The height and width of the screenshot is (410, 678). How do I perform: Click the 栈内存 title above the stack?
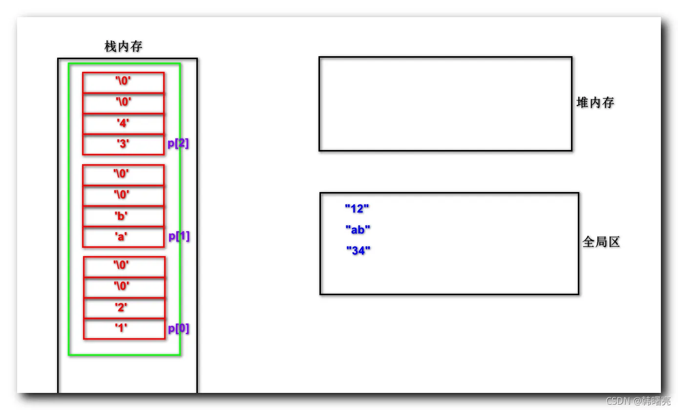(x=124, y=46)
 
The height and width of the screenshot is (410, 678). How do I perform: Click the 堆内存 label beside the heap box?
(x=595, y=103)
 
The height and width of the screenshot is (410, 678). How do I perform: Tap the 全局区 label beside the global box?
(x=601, y=242)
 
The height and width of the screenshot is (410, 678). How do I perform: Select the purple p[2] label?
(x=178, y=143)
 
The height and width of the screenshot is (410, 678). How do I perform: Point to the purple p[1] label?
(x=179, y=236)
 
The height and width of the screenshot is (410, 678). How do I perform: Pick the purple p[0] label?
(x=178, y=328)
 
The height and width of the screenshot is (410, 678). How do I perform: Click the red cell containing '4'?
(x=124, y=124)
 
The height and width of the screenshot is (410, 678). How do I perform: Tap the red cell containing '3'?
(x=124, y=145)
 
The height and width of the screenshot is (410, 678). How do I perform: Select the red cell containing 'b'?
(x=124, y=216)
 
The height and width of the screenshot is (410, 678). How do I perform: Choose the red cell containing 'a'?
(x=124, y=237)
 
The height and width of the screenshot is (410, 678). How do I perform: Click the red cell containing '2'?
(x=125, y=308)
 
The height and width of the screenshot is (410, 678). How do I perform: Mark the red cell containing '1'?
(x=125, y=328)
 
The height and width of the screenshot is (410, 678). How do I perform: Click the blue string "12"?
(x=357, y=209)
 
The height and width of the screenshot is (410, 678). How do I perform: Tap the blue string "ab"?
(x=358, y=230)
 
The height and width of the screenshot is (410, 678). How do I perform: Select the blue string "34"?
(x=359, y=250)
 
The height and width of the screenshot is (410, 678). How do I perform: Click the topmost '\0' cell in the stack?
(x=124, y=83)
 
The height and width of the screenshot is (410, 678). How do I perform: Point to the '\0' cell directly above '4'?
(x=124, y=103)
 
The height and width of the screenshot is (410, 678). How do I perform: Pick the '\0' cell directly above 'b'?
(x=124, y=195)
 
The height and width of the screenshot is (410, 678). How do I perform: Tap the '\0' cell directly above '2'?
(x=125, y=287)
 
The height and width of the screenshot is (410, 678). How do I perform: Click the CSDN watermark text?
(x=638, y=401)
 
